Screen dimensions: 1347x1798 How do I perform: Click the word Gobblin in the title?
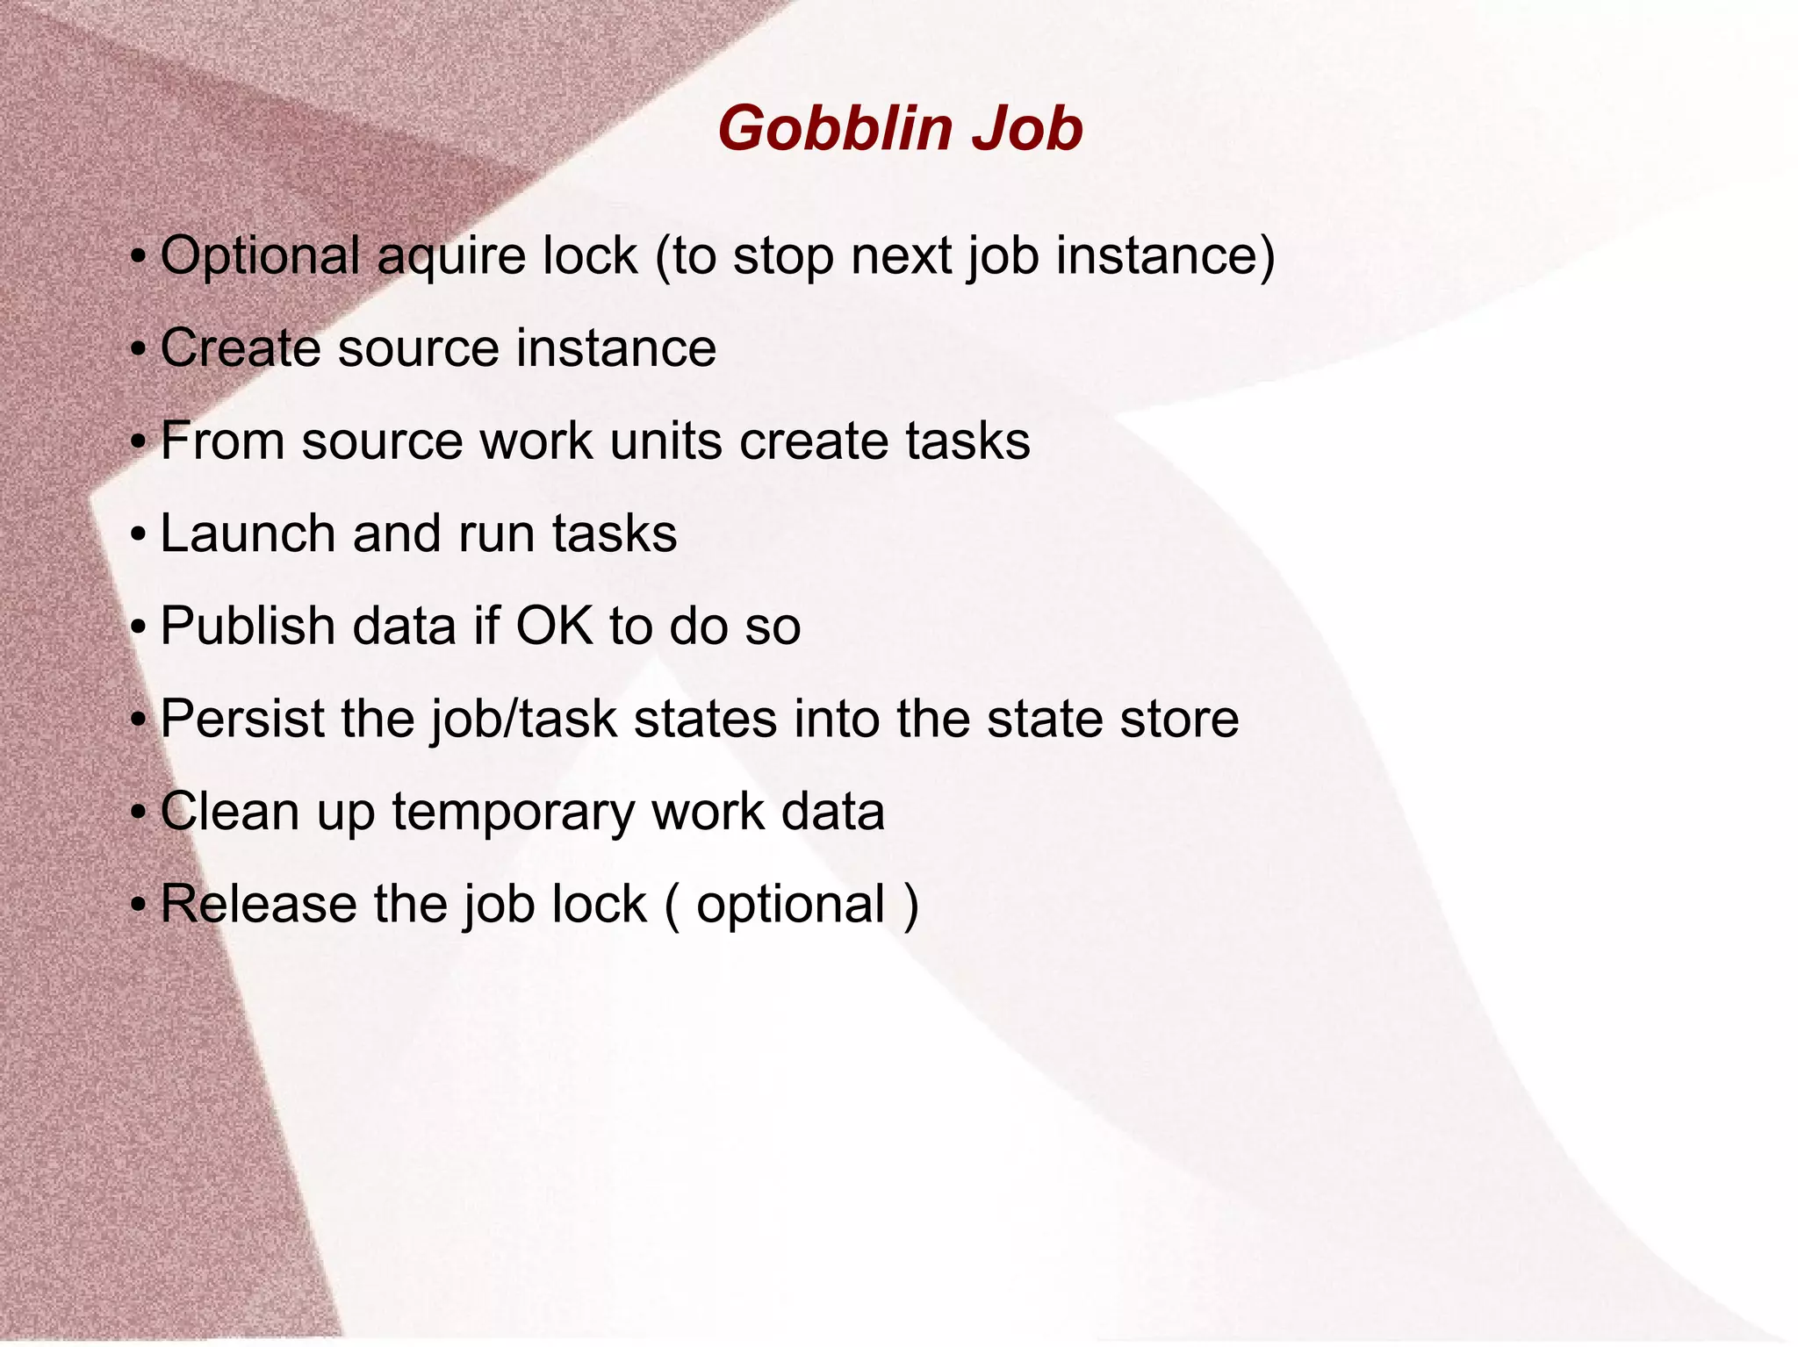coord(835,129)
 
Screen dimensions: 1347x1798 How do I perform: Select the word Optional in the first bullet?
coord(260,256)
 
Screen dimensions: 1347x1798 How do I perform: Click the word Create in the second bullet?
coord(240,347)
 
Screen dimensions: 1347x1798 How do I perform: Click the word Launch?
coord(248,534)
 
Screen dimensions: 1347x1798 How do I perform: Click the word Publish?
coord(247,627)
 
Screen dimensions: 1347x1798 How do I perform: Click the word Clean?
coord(230,811)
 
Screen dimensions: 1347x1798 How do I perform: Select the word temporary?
coord(512,813)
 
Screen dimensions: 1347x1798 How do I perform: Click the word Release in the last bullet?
coord(257,904)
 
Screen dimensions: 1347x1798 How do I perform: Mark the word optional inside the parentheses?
coord(790,906)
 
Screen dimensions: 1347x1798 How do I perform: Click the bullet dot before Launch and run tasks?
coord(137,535)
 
